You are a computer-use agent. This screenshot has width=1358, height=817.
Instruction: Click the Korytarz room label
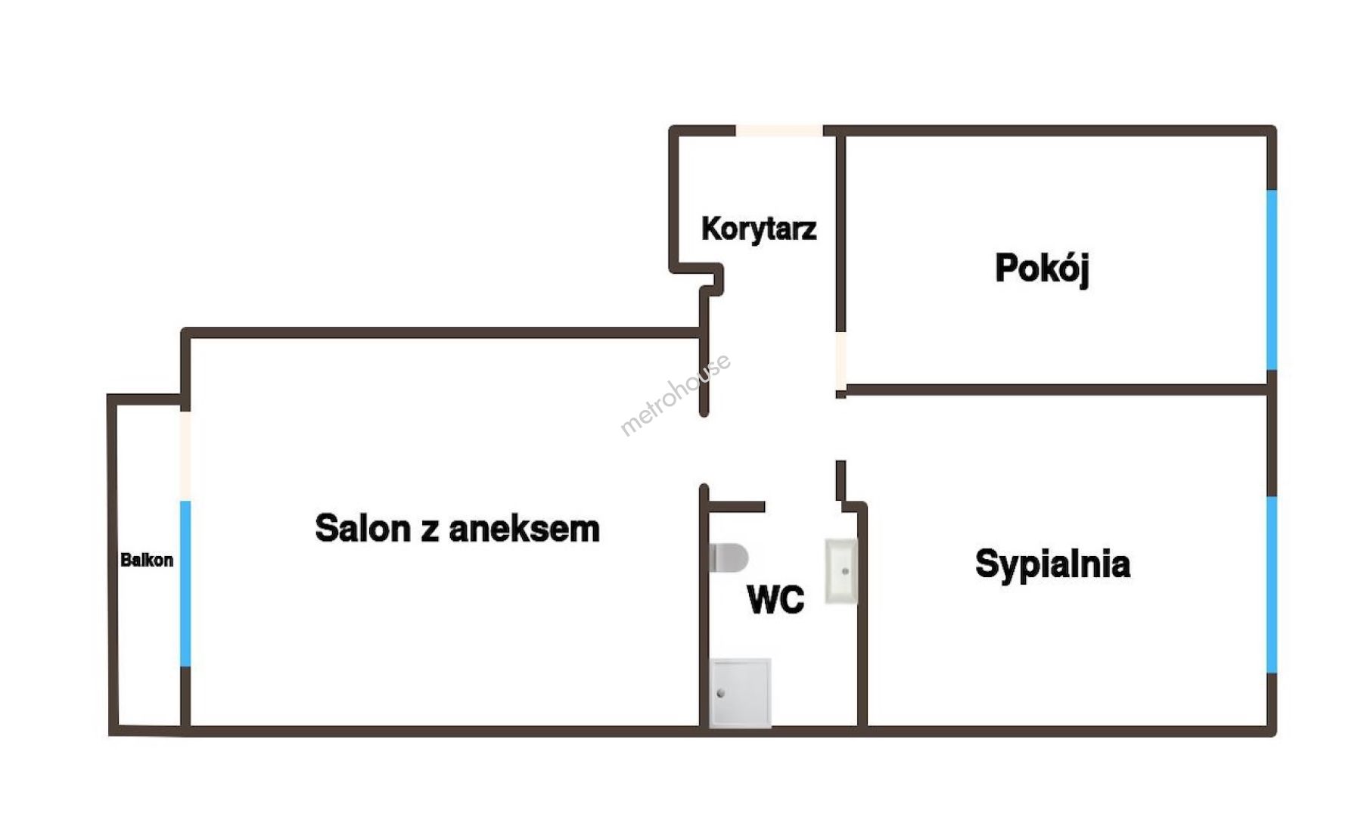(x=759, y=228)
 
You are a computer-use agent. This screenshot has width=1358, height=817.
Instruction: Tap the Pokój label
(x=1042, y=269)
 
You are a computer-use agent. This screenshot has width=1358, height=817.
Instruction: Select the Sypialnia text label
(x=1052, y=564)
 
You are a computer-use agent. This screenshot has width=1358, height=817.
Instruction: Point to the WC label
(x=775, y=599)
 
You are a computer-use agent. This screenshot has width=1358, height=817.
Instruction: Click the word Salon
(x=363, y=528)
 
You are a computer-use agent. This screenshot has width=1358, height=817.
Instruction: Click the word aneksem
(x=524, y=528)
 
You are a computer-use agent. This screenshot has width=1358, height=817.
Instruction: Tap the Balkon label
(x=147, y=561)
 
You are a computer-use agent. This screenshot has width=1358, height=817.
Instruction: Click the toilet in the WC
(x=729, y=558)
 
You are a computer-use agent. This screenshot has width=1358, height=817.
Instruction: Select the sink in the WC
(x=841, y=571)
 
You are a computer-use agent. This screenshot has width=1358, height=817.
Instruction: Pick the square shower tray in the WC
(x=740, y=692)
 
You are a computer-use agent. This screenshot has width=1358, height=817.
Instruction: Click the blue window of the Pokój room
(x=1272, y=280)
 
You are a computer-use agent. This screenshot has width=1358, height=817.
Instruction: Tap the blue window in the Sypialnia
(x=1272, y=584)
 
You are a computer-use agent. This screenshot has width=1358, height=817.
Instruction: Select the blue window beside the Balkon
(x=185, y=583)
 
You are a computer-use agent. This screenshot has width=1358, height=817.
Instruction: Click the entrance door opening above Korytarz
(x=779, y=131)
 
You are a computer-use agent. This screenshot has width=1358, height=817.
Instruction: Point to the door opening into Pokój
(x=841, y=361)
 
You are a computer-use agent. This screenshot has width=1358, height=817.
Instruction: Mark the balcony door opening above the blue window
(x=185, y=456)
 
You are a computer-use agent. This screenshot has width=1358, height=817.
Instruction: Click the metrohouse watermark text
(x=675, y=395)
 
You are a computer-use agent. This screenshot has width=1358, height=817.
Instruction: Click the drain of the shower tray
(x=721, y=693)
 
